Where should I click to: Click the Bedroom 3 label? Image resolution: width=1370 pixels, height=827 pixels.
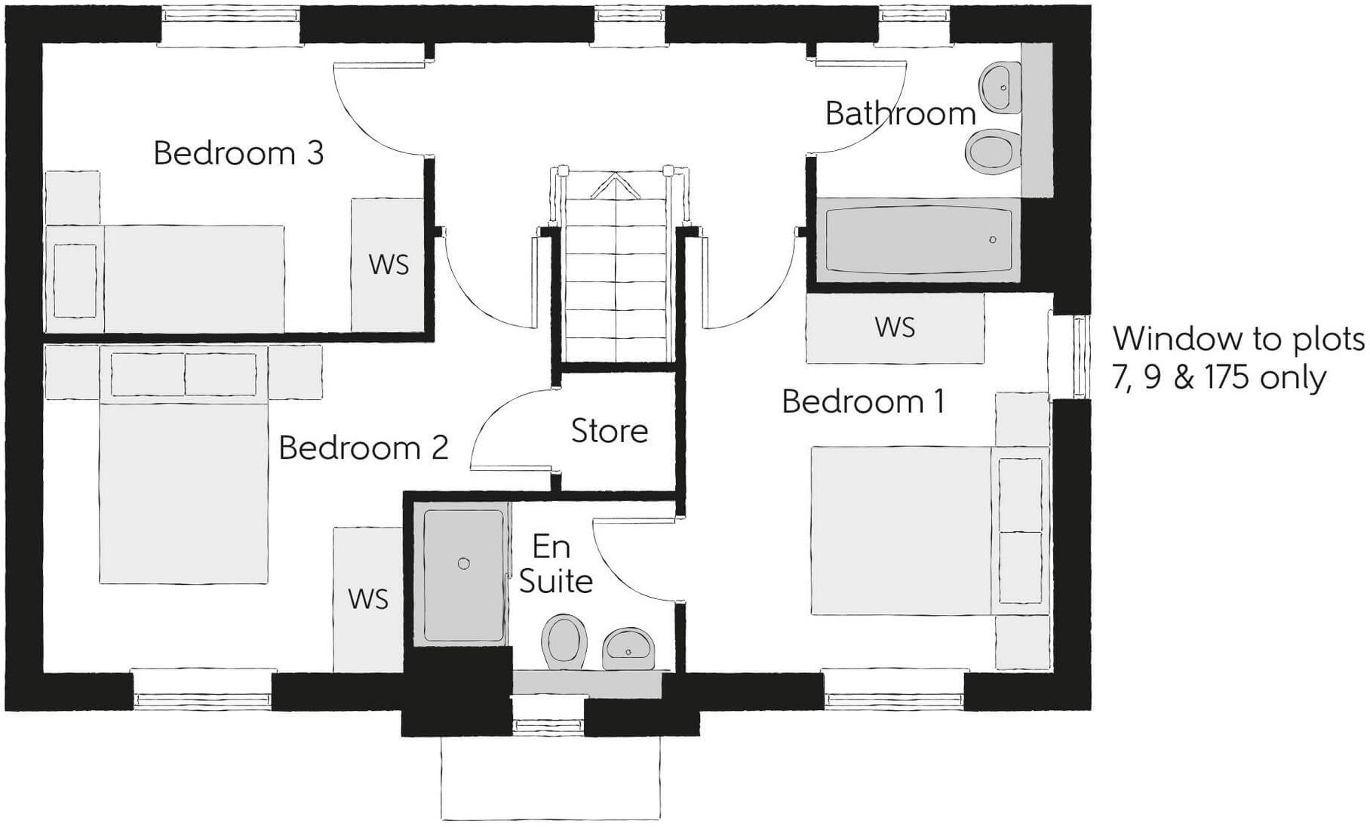(238, 153)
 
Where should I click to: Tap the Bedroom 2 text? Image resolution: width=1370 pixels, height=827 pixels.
(363, 448)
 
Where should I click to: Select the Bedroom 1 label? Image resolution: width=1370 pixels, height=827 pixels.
(862, 401)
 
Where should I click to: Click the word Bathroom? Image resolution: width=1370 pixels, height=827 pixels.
(900, 114)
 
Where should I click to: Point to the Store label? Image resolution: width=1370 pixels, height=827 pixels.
(609, 431)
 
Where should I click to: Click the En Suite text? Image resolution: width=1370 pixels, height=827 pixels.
(555, 564)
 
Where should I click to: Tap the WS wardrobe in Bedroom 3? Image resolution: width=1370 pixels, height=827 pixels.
(389, 264)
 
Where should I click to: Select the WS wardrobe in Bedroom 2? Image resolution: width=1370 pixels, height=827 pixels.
(368, 598)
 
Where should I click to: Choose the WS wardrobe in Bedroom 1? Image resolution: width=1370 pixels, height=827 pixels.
(895, 327)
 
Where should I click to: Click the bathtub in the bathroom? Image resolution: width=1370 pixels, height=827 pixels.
(917, 241)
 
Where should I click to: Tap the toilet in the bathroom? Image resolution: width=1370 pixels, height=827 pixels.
(991, 151)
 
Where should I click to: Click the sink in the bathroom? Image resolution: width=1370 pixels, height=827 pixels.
(1000, 87)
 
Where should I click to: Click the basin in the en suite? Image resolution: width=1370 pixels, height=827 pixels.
(628, 648)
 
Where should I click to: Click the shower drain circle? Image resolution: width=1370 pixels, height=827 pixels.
(464, 564)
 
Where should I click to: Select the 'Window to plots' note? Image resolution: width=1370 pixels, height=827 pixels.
(1238, 358)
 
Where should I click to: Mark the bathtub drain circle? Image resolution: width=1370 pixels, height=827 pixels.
(992, 240)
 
